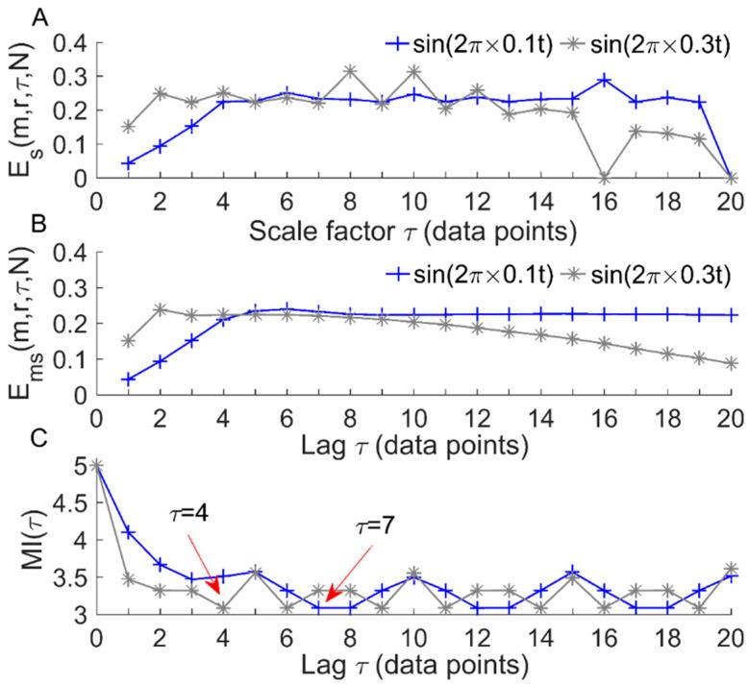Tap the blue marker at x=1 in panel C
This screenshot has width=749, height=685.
[x=128, y=531]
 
